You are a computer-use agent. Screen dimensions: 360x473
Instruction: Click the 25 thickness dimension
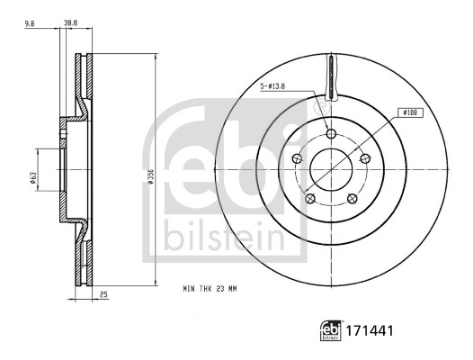point(104,294)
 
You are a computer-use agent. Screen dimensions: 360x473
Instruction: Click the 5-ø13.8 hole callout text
point(273,85)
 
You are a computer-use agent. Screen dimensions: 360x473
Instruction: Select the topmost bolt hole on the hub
point(331,134)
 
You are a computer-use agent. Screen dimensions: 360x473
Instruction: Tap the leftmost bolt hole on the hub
point(298,158)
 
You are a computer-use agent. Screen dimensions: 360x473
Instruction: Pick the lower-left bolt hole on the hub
point(310,198)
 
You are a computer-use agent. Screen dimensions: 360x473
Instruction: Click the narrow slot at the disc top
point(331,76)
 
